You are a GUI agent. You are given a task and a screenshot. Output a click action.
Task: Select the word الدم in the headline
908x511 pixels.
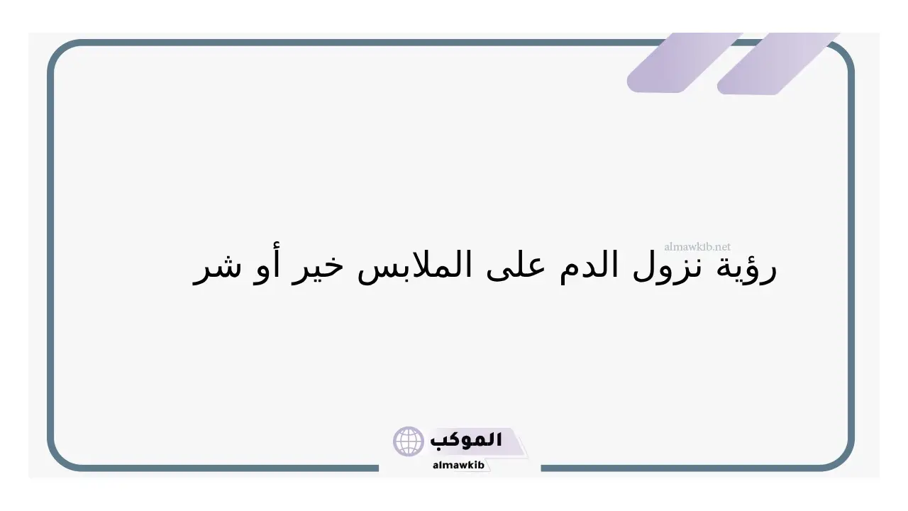pyautogui.click(x=589, y=265)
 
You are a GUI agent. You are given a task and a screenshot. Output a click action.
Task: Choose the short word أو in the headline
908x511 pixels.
pyautogui.click(x=265, y=265)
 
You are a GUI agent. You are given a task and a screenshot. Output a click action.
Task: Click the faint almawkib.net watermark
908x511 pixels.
pyautogui.click(x=697, y=246)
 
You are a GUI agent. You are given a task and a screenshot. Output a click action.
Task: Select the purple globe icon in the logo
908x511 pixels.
pyautogui.click(x=408, y=441)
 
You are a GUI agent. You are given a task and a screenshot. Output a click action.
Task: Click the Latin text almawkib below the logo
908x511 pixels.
pyautogui.click(x=458, y=465)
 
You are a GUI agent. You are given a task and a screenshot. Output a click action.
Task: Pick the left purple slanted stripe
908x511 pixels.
pyautogui.click(x=685, y=63)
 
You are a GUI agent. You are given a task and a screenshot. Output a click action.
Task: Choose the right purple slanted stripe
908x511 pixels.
pyautogui.click(x=778, y=64)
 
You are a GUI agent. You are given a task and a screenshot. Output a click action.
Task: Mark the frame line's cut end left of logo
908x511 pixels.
pyautogui.click(x=378, y=468)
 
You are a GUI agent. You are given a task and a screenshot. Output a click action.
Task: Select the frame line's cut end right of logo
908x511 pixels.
pyautogui.click(x=541, y=468)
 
